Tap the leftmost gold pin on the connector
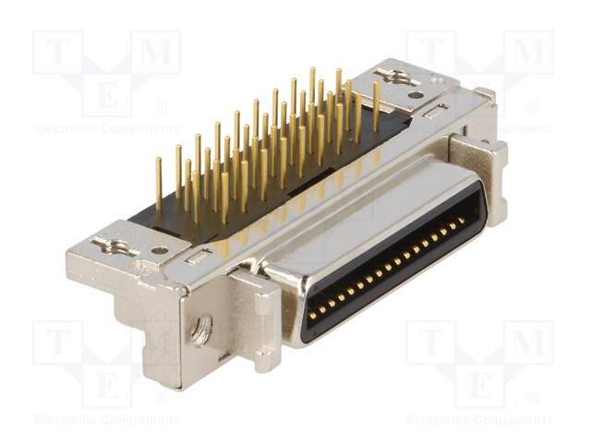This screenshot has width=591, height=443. pyautogui.click(x=159, y=183)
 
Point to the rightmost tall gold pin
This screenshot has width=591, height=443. pyautogui.click(x=376, y=106)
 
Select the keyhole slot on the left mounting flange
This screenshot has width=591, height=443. pyautogui.click(x=115, y=246)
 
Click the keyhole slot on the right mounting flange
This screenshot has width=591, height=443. pyautogui.click(x=397, y=77)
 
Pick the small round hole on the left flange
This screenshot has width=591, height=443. pyautogui.click(x=160, y=250)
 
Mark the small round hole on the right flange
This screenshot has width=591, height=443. pyautogui.click(x=416, y=95)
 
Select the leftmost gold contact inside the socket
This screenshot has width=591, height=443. pyautogui.click(x=312, y=315)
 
